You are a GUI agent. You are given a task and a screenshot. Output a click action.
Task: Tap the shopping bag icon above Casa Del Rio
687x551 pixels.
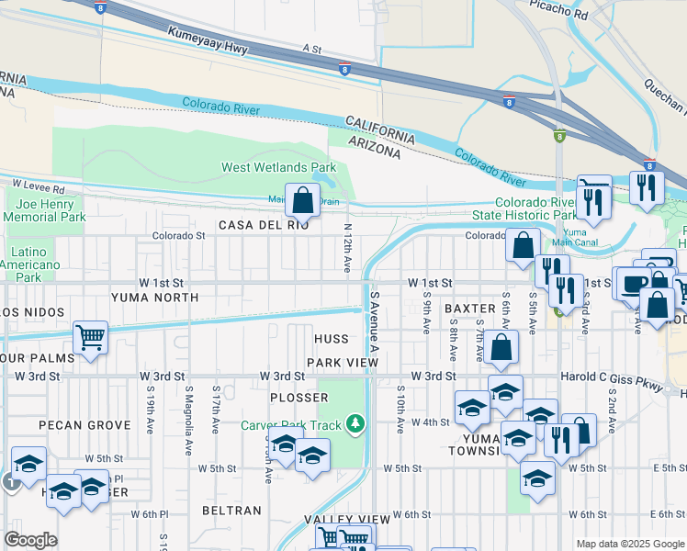[302, 198]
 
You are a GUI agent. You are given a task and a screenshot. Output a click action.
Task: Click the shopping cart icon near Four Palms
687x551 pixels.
[90, 338]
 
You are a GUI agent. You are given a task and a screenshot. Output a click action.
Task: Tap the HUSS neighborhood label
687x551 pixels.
[332, 339]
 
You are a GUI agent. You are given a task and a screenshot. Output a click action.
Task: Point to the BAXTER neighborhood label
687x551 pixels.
[470, 309]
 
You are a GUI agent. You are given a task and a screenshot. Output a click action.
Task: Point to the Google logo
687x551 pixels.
[30, 540]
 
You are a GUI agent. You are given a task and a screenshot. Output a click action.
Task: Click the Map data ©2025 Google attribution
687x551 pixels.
[629, 544]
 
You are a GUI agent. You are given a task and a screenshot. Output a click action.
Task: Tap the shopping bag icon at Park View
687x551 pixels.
[501, 348]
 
